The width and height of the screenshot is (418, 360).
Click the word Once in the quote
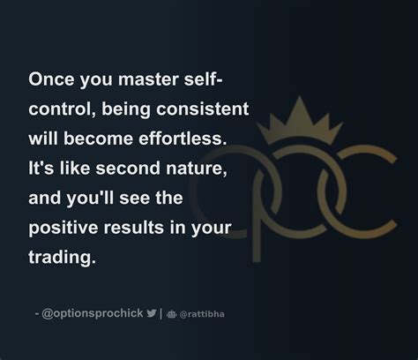click(x=51, y=79)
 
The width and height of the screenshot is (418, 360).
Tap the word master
click(x=149, y=79)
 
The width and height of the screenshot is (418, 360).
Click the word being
click(x=121, y=109)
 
